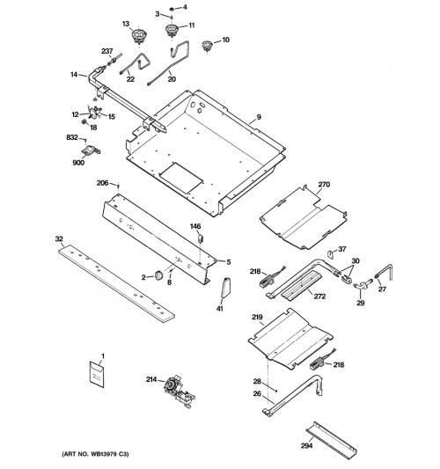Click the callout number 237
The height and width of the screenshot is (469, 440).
pyautogui.click(x=106, y=51)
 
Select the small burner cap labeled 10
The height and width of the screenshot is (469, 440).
pyautogui.click(x=207, y=45)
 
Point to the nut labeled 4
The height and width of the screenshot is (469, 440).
pyautogui.click(x=172, y=9)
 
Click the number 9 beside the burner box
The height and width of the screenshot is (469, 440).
pyautogui.click(x=259, y=117)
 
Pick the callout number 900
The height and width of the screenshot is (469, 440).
pyautogui.click(x=78, y=163)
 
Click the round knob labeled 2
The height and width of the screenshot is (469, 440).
pyautogui.click(x=158, y=275)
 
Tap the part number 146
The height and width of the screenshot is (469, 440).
pyautogui.click(x=195, y=226)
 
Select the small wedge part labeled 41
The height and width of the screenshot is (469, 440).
pyautogui.click(x=226, y=288)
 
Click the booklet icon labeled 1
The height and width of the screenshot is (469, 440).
pyautogui.click(x=97, y=374)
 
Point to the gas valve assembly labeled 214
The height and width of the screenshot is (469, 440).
pyautogui.click(x=179, y=391)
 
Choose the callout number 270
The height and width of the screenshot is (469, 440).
pyautogui.click(x=324, y=184)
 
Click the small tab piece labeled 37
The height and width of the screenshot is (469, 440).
pyautogui.click(x=331, y=254)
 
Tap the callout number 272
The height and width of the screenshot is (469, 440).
pyautogui.click(x=319, y=297)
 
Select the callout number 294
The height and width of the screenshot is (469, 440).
pyautogui.click(x=306, y=445)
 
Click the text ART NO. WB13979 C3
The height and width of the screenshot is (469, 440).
pyautogui.click(x=95, y=454)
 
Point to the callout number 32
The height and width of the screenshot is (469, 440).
pyautogui.click(x=59, y=238)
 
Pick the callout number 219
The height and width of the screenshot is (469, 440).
pyautogui.click(x=257, y=317)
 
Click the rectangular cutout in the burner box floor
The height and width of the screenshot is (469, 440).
pyautogui.click(x=181, y=178)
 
